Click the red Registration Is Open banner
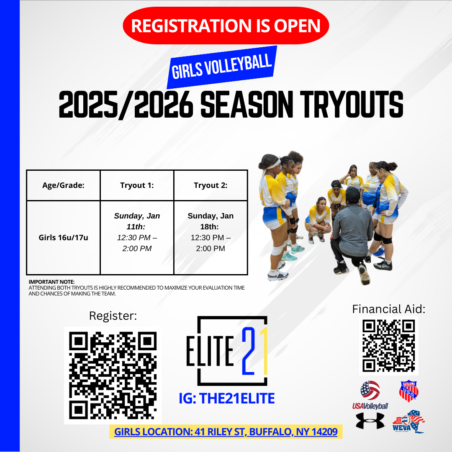(226, 26)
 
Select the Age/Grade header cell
(63, 185)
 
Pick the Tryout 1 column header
(137, 185)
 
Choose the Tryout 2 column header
(211, 185)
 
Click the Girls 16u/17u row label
(63, 238)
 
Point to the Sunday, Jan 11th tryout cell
(137, 232)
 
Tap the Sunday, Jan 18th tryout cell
(211, 232)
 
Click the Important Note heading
(51, 282)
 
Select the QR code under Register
(113, 375)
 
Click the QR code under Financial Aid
(388, 345)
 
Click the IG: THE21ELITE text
(226, 398)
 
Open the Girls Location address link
(226, 431)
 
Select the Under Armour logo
(370, 421)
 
